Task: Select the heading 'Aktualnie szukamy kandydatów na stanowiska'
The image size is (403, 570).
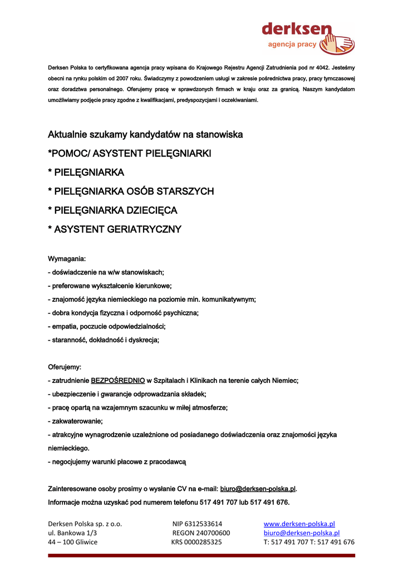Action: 145,135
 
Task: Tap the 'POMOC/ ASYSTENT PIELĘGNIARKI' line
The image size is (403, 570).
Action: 130,153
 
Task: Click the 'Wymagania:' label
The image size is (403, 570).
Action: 67,259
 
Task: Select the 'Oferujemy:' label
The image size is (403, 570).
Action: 65,367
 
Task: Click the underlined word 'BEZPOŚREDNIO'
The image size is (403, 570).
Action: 117,381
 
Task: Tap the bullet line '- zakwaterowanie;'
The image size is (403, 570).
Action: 76,421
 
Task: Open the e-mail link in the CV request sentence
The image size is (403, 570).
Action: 258,489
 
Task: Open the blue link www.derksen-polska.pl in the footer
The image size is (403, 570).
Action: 299,524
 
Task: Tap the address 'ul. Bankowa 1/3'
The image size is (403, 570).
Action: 72,533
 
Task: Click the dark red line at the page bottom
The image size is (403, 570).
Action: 202,555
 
